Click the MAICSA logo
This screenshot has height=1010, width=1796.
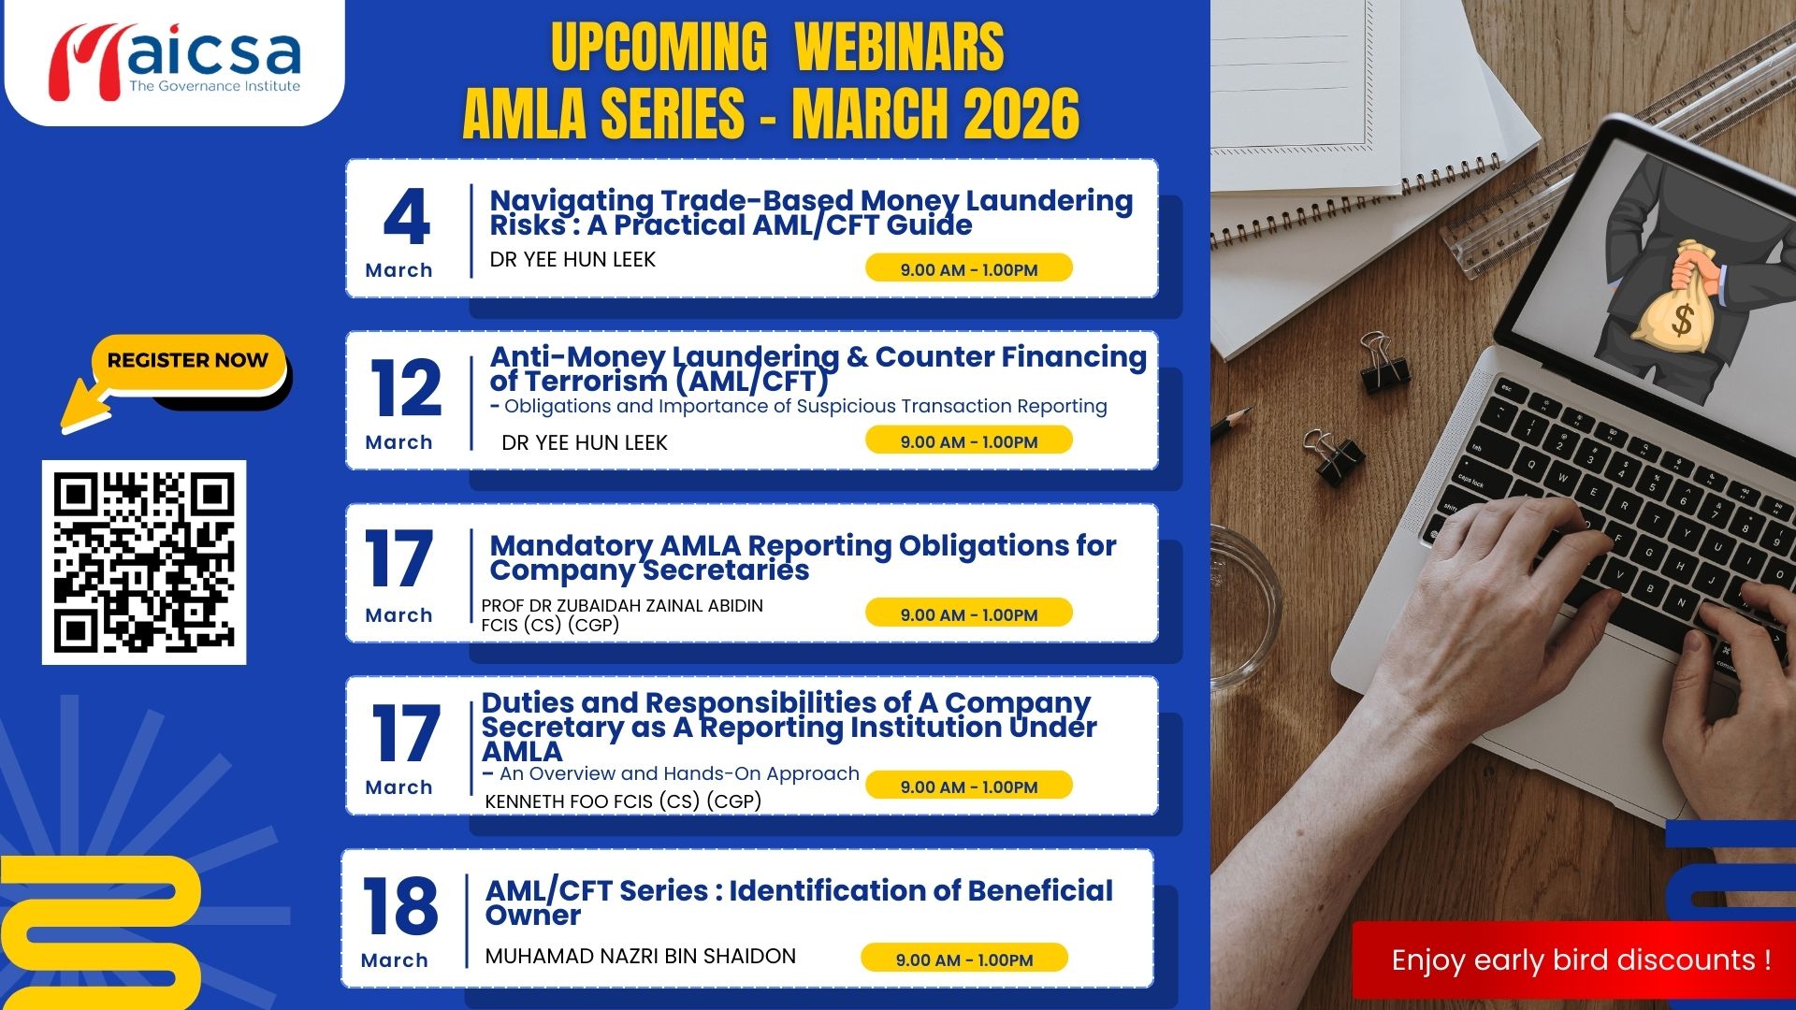pos(174,62)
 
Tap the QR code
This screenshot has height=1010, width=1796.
pos(144,562)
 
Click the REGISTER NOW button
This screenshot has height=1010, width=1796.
pos(188,361)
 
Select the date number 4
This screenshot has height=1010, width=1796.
pos(407,217)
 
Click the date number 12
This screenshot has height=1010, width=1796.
pos(407,388)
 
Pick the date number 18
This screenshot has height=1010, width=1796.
pos(400,905)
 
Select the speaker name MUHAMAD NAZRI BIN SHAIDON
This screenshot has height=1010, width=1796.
pos(641,956)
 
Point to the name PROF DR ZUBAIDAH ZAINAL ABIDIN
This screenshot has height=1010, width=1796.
pos(622,605)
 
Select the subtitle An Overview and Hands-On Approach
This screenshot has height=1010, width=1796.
pos(679,773)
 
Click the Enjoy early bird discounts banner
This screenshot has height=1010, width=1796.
pos(1574,960)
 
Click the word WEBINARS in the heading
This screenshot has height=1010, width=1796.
pos(899,47)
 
